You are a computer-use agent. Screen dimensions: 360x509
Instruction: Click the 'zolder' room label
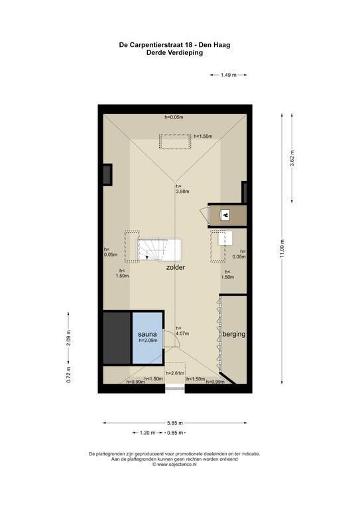(x=175, y=268)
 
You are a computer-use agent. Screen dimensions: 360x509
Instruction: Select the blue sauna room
(x=147, y=338)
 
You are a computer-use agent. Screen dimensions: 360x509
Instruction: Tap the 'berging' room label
(x=234, y=334)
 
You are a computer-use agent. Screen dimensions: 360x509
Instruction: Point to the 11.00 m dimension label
(x=282, y=249)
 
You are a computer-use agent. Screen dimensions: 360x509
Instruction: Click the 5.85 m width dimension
(x=175, y=423)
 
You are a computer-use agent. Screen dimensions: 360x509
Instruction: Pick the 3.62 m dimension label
(x=292, y=158)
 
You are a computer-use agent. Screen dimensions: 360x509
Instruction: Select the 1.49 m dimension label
(x=229, y=75)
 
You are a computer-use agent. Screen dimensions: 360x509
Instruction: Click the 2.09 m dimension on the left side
(x=68, y=338)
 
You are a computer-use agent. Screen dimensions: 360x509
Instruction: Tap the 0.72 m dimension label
(x=68, y=374)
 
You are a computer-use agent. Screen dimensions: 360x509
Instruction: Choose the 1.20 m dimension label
(x=147, y=433)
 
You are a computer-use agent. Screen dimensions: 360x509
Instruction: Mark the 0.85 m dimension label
(x=175, y=433)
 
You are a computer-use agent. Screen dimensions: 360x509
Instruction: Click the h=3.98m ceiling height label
(x=182, y=189)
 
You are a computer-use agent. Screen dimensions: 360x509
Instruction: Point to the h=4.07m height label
(x=182, y=331)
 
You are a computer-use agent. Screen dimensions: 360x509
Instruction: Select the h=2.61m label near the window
(x=175, y=373)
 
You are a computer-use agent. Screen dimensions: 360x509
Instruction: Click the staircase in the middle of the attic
(x=159, y=250)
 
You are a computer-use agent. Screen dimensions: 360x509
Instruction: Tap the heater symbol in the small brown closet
(x=225, y=215)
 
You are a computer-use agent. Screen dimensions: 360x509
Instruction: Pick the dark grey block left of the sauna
(x=117, y=338)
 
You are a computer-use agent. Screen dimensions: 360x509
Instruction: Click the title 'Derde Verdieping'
(x=174, y=53)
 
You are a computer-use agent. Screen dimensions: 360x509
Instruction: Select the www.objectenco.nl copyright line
(x=174, y=465)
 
